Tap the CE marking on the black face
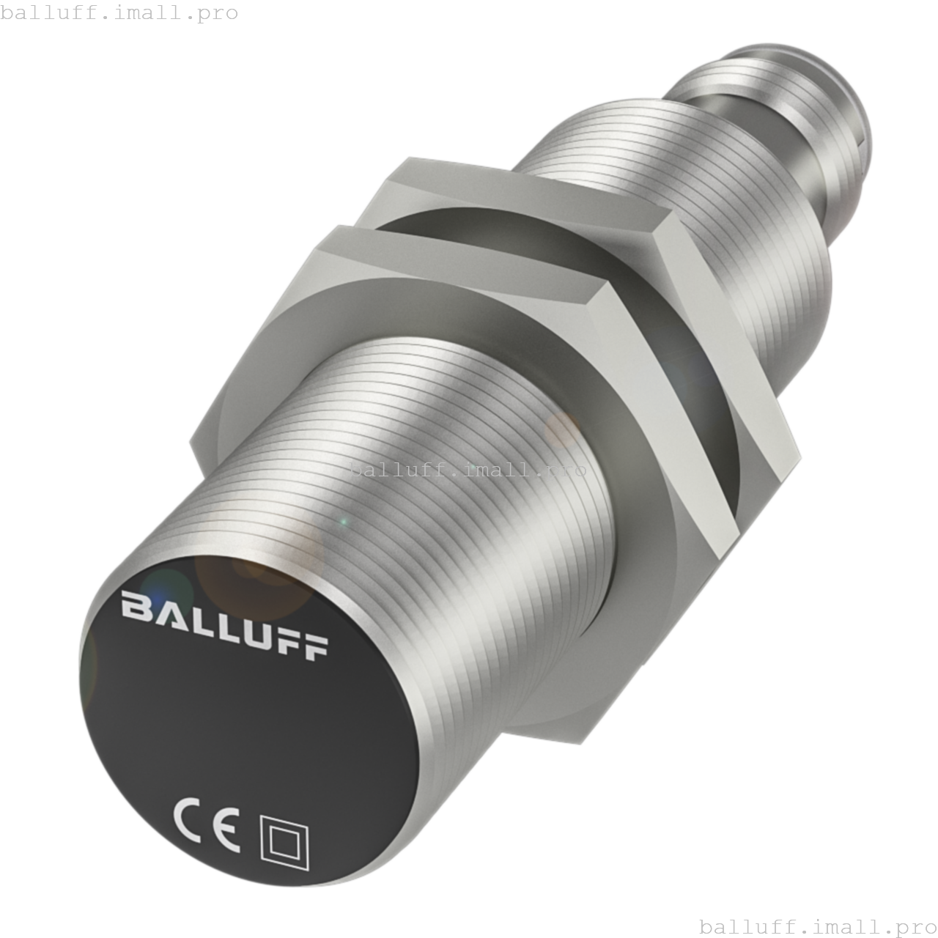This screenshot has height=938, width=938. [x=206, y=826]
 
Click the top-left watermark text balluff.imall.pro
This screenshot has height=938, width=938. [x=119, y=12]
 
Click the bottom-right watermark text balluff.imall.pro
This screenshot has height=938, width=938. [x=818, y=926]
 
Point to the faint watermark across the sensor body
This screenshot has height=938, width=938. [x=468, y=470]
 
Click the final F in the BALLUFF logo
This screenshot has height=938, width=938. [x=314, y=646]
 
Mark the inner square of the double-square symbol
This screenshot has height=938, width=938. [x=286, y=842]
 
